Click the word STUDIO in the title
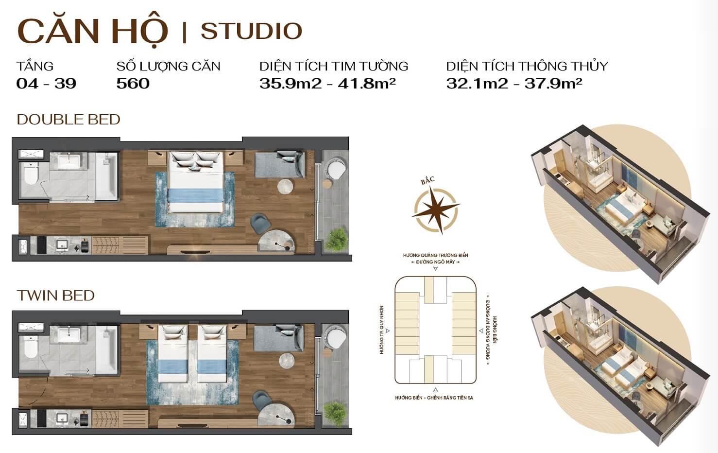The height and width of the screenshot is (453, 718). (x=251, y=31)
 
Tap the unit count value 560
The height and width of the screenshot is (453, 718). (x=133, y=84)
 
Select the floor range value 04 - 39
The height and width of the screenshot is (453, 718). (x=46, y=84)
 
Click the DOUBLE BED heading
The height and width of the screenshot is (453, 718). (x=68, y=120)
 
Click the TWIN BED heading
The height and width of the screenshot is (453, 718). (x=55, y=296)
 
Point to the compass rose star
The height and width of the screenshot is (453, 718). (x=437, y=209)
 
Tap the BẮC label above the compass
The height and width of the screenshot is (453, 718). (x=428, y=180)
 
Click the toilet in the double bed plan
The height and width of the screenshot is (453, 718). (x=31, y=173)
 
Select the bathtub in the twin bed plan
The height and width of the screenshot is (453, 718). (x=107, y=350)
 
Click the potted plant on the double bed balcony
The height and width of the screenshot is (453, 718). (x=336, y=239)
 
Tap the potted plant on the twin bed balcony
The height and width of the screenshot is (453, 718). (x=335, y=414)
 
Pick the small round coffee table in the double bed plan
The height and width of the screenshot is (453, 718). (x=285, y=186)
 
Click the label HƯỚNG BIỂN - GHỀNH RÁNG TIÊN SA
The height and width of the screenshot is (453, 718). (x=434, y=398)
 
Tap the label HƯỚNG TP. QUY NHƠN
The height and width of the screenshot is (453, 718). (x=381, y=330)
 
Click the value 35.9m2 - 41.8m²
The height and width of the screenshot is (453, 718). (x=327, y=84)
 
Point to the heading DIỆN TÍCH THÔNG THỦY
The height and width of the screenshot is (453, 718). (x=527, y=67)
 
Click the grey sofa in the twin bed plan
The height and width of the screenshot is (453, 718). (x=278, y=337)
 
